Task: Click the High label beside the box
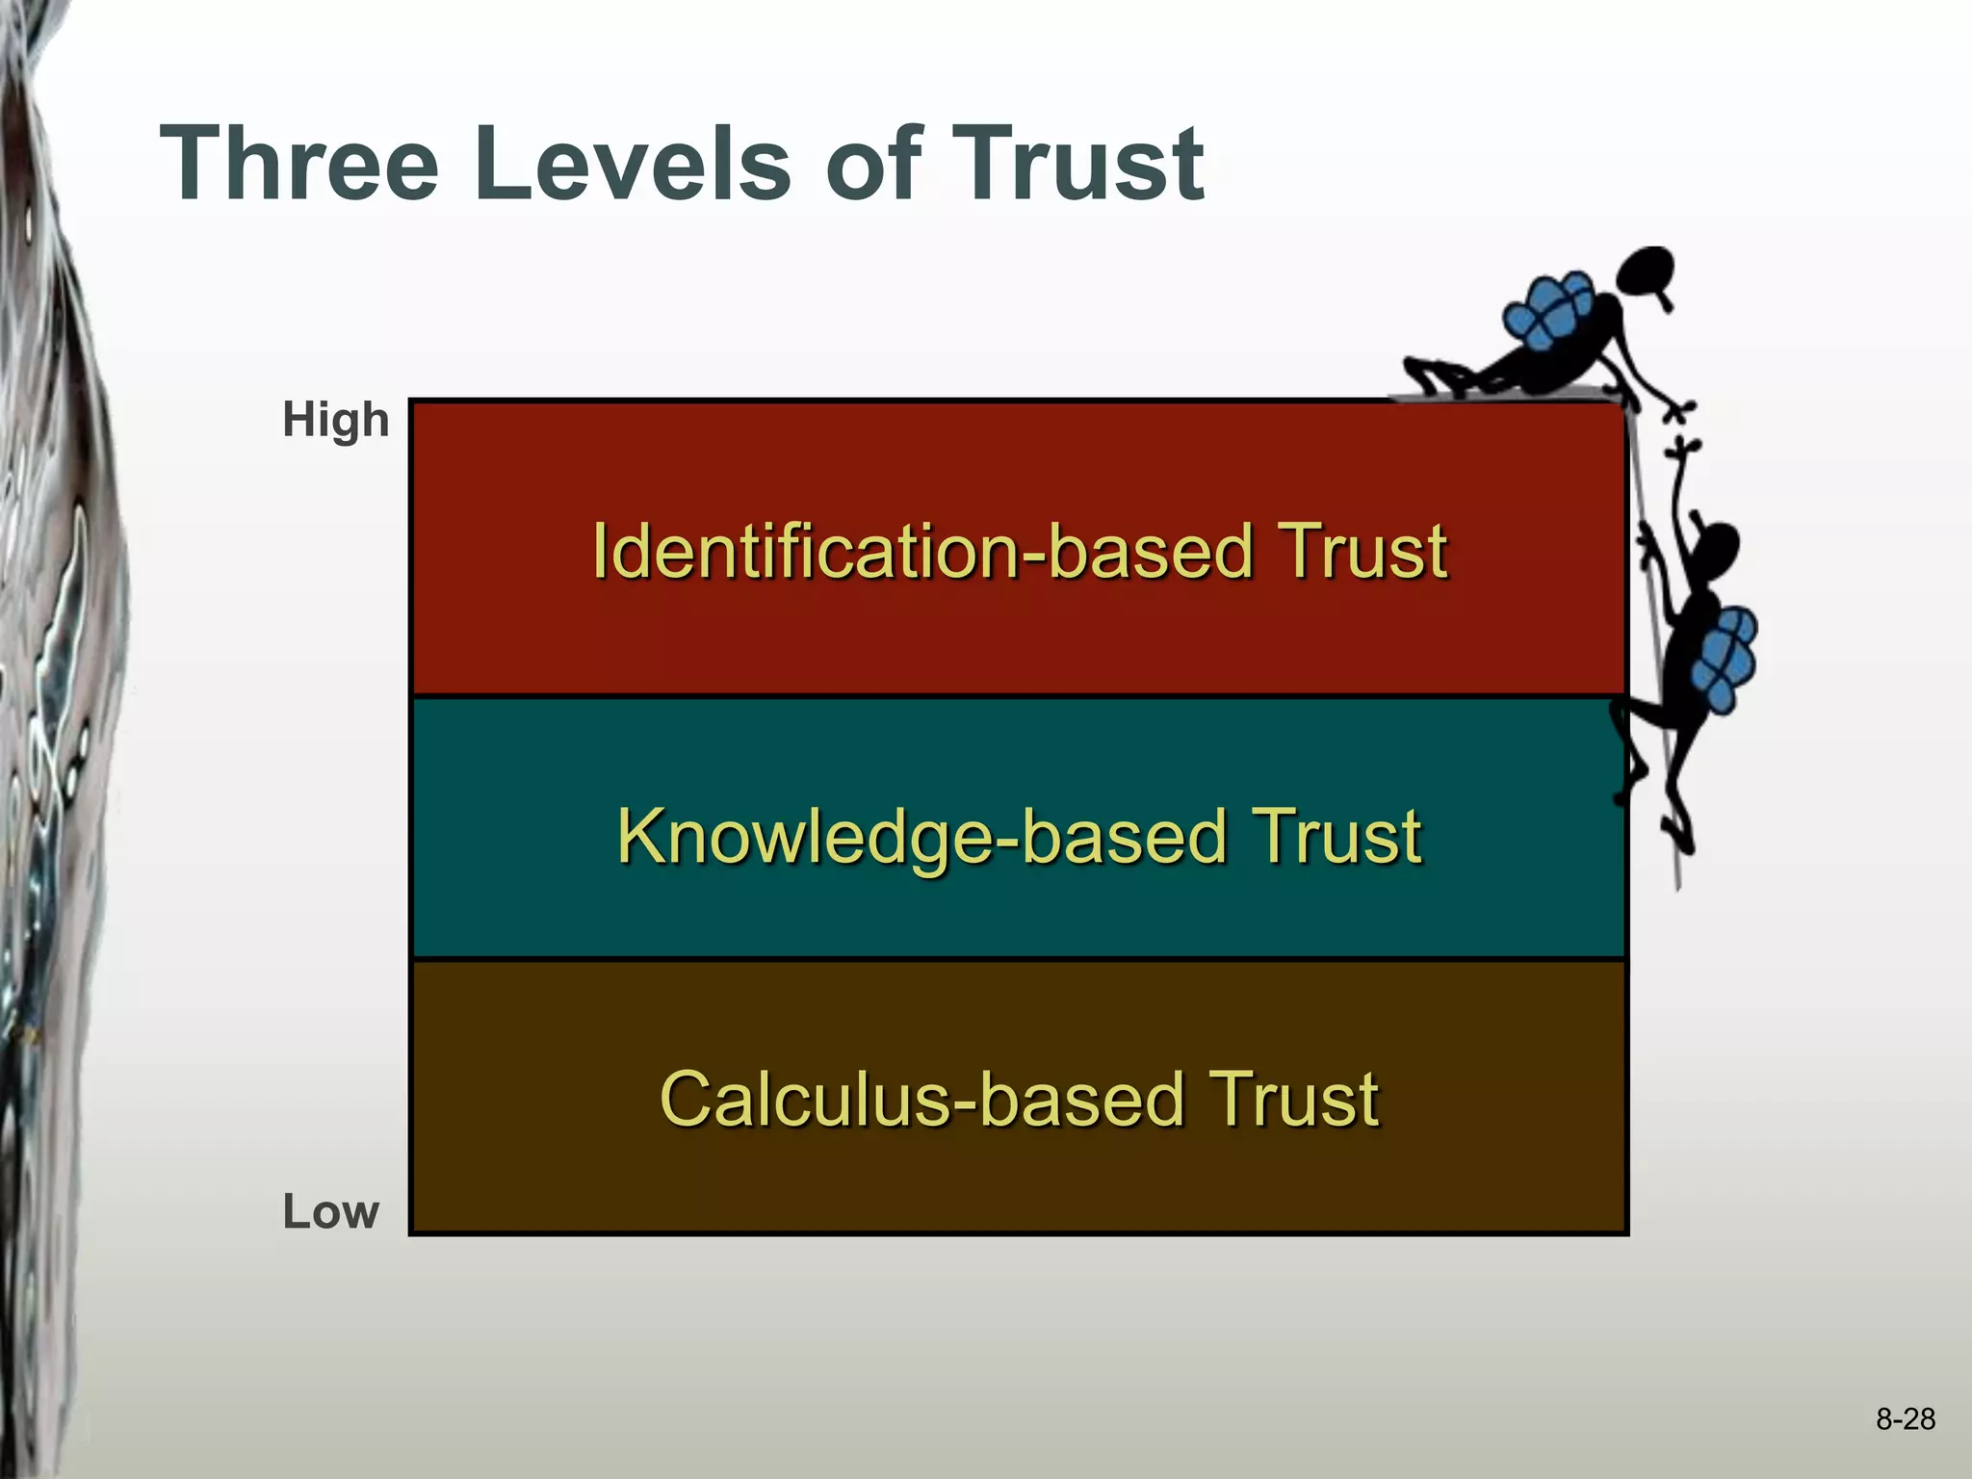[x=335, y=421]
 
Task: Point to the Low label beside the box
[x=330, y=1211]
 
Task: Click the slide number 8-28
[x=1905, y=1419]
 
